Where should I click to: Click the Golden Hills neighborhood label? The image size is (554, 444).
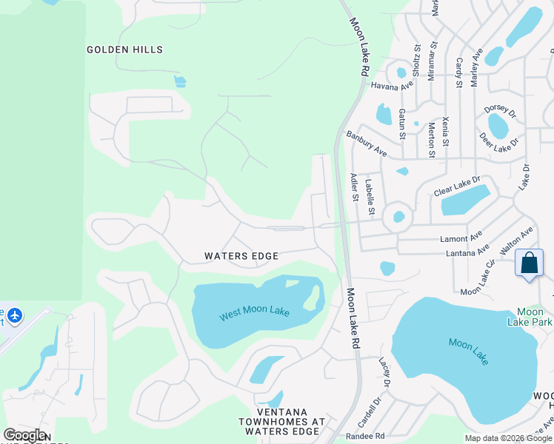click(124, 50)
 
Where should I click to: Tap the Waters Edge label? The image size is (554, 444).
click(241, 256)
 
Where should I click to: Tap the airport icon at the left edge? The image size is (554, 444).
click(14, 316)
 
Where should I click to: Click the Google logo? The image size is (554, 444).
click(24, 435)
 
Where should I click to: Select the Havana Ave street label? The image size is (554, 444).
click(391, 86)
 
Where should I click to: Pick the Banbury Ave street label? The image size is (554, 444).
click(367, 144)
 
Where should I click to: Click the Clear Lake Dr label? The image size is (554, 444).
click(457, 185)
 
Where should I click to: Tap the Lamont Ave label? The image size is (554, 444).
click(460, 238)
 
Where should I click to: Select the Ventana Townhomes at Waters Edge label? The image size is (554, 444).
click(290, 421)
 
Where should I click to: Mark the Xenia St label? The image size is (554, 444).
click(446, 128)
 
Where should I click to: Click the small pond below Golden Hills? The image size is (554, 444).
click(180, 81)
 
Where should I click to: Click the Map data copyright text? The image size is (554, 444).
click(508, 438)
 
